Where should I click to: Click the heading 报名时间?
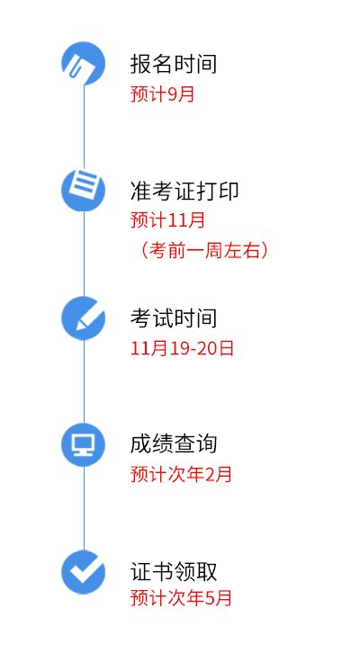(x=174, y=64)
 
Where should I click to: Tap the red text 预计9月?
(x=163, y=94)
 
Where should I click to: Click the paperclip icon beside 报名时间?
(x=84, y=63)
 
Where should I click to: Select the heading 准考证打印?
(x=184, y=191)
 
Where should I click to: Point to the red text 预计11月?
(x=168, y=219)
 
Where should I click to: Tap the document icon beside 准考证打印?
(x=84, y=190)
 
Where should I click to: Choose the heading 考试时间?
(x=174, y=318)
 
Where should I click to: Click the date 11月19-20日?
(x=182, y=348)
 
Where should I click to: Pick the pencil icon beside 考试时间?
(x=84, y=318)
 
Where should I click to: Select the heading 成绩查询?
(x=174, y=444)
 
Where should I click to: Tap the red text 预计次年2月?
(x=181, y=475)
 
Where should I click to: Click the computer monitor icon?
(x=84, y=444)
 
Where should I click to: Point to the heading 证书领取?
(x=174, y=571)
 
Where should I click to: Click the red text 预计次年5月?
(x=181, y=598)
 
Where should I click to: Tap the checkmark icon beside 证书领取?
(x=84, y=572)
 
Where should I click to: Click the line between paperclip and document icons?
(x=84, y=127)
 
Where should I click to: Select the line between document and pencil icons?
(x=84, y=255)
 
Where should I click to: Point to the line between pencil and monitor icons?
(x=84, y=381)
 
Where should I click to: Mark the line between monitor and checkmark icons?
(x=84, y=508)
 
